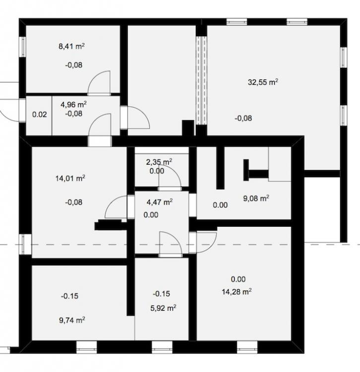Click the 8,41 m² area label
[71, 46]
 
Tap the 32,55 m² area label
[263, 82]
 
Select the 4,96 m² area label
[73, 104]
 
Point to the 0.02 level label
[40, 115]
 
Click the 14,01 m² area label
[70, 178]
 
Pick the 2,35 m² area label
[159, 162]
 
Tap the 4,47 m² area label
[160, 202]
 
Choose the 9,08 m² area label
[256, 198]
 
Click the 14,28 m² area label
[237, 292]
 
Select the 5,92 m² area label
[163, 308]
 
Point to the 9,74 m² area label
[72, 320]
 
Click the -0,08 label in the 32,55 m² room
[243, 118]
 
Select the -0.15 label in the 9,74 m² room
[70, 296]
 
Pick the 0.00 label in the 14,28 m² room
[238, 279]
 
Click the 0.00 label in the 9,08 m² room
[220, 205]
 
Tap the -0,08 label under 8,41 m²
[74, 65]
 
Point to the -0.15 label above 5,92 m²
[162, 294]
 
